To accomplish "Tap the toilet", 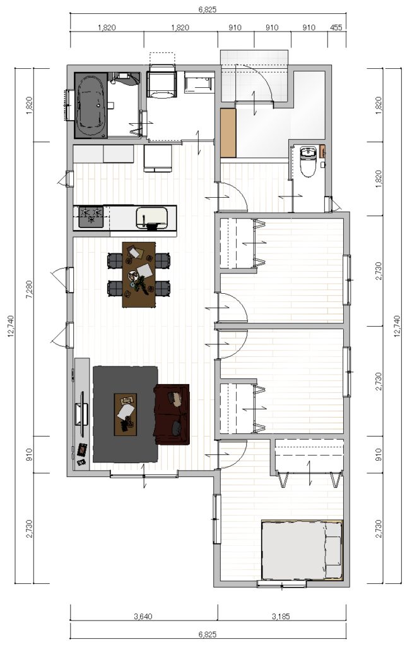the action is (x=307, y=161).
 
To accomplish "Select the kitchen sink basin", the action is (x=152, y=217).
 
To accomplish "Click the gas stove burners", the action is (x=91, y=217).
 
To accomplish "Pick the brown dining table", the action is (x=139, y=274).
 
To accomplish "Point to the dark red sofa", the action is (x=172, y=414).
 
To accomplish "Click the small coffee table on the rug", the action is (x=126, y=414).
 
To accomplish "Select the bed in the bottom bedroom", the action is (x=302, y=549).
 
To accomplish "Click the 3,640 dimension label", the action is (x=143, y=617).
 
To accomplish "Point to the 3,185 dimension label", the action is (x=281, y=617).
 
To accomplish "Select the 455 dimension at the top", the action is (x=336, y=28).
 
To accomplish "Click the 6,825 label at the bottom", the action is (x=207, y=634).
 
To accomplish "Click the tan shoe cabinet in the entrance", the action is (x=228, y=133).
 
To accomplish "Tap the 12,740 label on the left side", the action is (x=11, y=326).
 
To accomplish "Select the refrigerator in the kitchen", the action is (x=157, y=158).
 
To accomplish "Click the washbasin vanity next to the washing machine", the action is (x=199, y=82).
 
